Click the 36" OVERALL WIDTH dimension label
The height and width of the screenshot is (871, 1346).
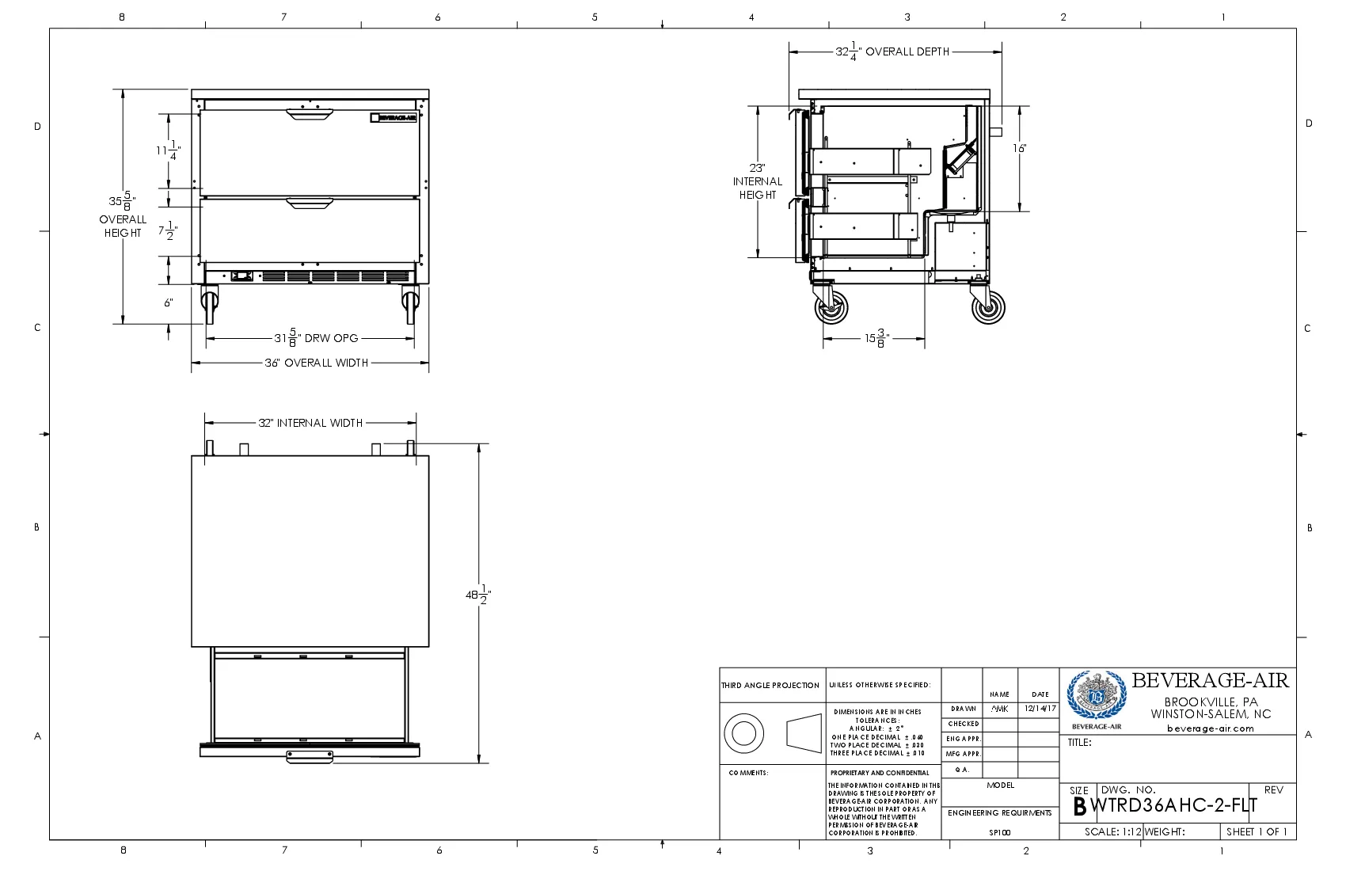click(x=317, y=363)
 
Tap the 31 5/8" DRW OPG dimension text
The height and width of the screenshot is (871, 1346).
click(x=317, y=338)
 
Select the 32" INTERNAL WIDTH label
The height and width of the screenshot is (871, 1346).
click(x=310, y=423)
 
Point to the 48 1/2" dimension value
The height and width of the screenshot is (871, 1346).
click(x=478, y=595)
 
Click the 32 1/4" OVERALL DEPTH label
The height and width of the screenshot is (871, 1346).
click(x=892, y=51)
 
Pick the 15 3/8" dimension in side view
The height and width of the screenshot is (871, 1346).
click(x=876, y=339)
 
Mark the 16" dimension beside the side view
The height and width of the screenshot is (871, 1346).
click(x=1019, y=148)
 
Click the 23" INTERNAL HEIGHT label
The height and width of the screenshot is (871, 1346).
click(x=757, y=181)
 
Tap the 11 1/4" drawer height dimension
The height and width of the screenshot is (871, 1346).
click(x=168, y=150)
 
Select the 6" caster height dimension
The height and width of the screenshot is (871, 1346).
click(x=169, y=302)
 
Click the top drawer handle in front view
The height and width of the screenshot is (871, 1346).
click(x=309, y=116)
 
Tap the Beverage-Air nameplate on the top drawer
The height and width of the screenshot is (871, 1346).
click(x=394, y=118)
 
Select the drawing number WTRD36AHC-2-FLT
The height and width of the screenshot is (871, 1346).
click(x=1174, y=806)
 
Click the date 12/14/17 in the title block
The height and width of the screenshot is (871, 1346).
click(x=1040, y=709)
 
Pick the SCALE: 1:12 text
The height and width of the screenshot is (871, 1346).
click(x=1112, y=831)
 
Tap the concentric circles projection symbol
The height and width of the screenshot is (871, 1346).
click(x=743, y=732)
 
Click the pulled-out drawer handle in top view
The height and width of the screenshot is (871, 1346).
click(x=310, y=758)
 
